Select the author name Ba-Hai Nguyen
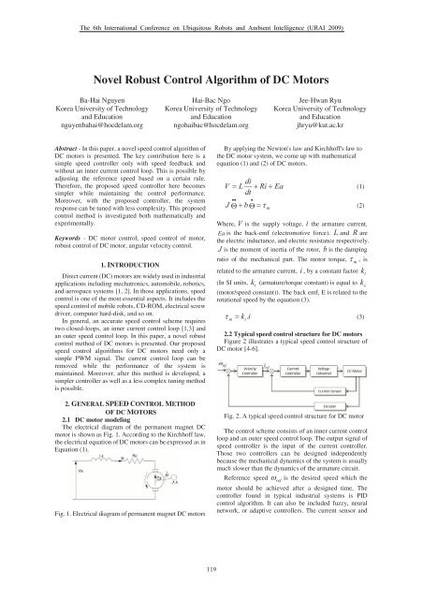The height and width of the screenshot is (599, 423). pyautogui.click(x=76, y=122)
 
